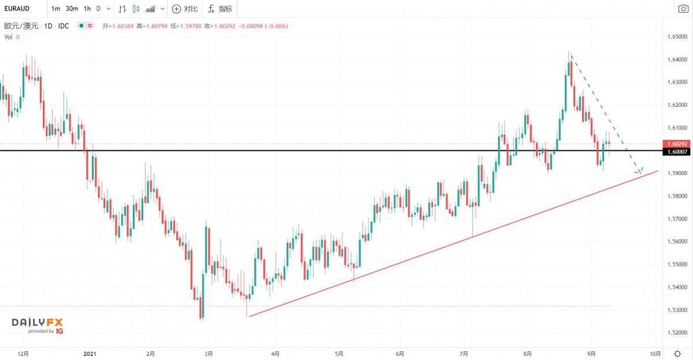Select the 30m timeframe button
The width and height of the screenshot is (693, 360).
coord(72,9)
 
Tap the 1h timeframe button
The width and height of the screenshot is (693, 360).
coord(87,9)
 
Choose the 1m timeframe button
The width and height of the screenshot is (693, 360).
coord(55,9)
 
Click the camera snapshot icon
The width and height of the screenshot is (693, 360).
coord(682,9)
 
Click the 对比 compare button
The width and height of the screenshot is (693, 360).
coord(185,9)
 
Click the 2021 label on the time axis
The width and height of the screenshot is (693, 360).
coord(90,353)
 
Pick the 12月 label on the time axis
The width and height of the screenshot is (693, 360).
coord(24,353)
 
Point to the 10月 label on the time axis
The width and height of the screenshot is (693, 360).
coord(655,353)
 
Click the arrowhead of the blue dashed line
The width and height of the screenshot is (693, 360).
coord(640,172)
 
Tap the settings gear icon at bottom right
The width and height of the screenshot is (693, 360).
coord(677,353)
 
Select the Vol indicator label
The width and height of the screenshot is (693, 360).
coord(9,37)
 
